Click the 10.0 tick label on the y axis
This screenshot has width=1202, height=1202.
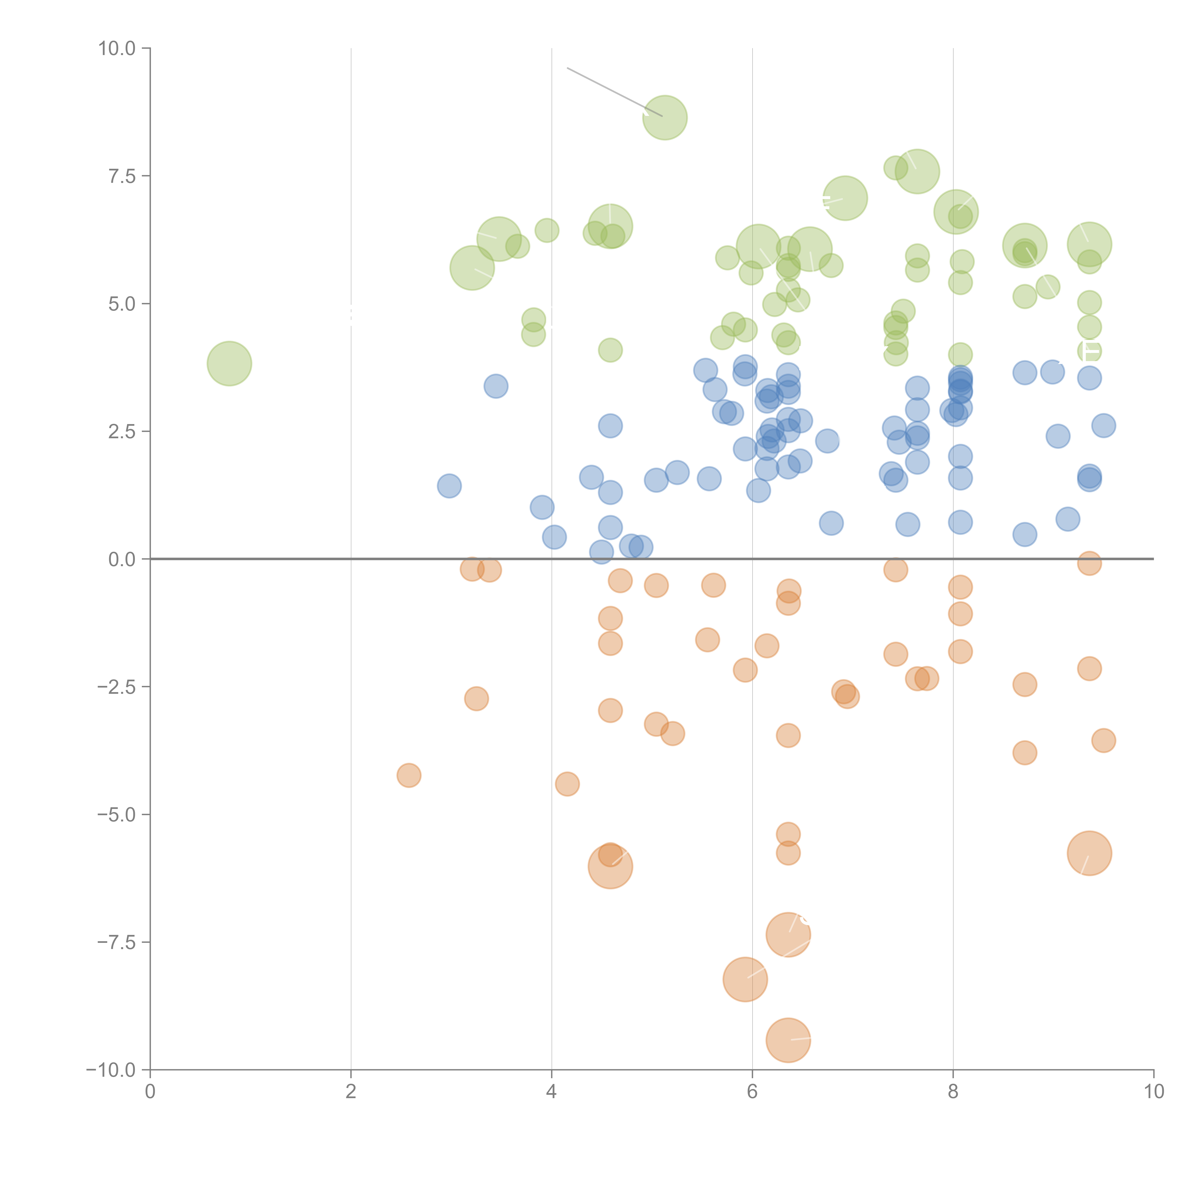coord(117,49)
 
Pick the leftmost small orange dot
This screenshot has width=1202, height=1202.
coord(409,775)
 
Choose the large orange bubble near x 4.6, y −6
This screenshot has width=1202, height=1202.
coord(610,866)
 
